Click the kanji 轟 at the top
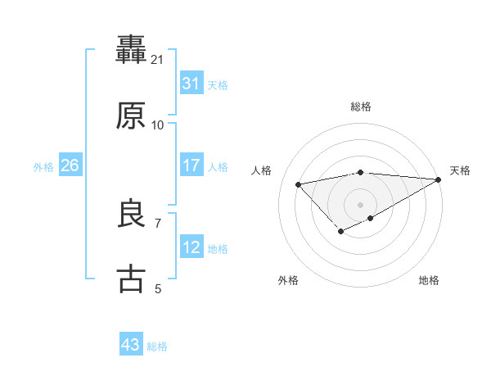click(x=132, y=50)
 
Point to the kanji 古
click(x=132, y=279)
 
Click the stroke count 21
click(x=157, y=60)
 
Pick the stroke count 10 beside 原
click(x=157, y=125)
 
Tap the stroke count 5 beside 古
click(x=157, y=288)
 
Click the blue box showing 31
click(x=191, y=84)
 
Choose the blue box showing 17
click(x=191, y=165)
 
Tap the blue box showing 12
click(x=191, y=247)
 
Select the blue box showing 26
click(x=70, y=165)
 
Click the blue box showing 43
click(x=131, y=345)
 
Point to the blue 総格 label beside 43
click(x=157, y=346)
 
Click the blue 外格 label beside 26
click(x=43, y=167)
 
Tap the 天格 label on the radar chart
click(x=460, y=170)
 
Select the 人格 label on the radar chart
click(x=262, y=170)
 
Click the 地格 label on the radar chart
click(x=429, y=281)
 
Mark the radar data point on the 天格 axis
click(x=439, y=179)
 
